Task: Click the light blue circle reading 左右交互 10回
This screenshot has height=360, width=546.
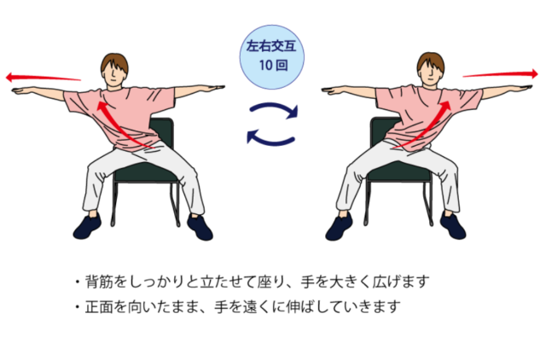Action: click(x=271, y=57)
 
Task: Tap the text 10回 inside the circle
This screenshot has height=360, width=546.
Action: click(x=273, y=65)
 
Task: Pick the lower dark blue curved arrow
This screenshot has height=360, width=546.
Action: click(x=270, y=139)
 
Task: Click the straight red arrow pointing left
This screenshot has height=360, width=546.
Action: click(x=44, y=78)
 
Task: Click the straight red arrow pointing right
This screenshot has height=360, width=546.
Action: click(x=501, y=74)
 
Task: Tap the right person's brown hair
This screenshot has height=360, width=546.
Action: click(x=431, y=62)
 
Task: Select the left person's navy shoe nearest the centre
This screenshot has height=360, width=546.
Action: click(x=200, y=227)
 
